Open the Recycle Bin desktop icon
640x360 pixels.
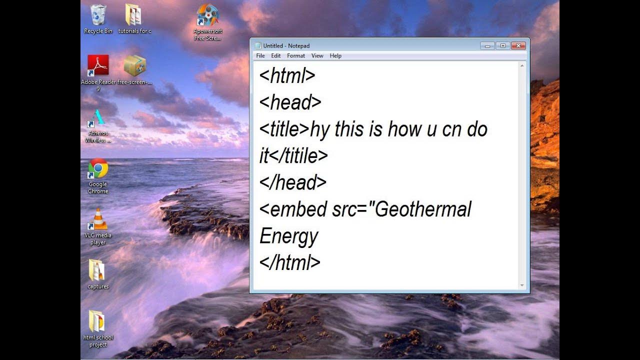coord(98,15)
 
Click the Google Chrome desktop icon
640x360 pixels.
coord(98,169)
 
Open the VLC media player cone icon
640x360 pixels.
coord(98,219)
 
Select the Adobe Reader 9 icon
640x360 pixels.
coord(98,65)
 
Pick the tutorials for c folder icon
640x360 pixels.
coord(133,15)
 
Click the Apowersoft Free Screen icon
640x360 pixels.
coord(207,15)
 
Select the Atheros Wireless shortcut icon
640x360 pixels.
coord(98,118)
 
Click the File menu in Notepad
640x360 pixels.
coord(260,56)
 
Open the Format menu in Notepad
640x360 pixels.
coord(296,56)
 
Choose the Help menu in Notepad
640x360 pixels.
coord(335,56)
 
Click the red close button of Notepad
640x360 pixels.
coord(518,46)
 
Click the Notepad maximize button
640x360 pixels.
coord(503,46)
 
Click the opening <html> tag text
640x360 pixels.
coord(287,76)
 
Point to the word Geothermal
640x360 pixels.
coord(423,209)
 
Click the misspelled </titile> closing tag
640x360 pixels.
coord(298,156)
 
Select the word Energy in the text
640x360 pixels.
coord(289,236)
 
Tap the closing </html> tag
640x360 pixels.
coord(290,262)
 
